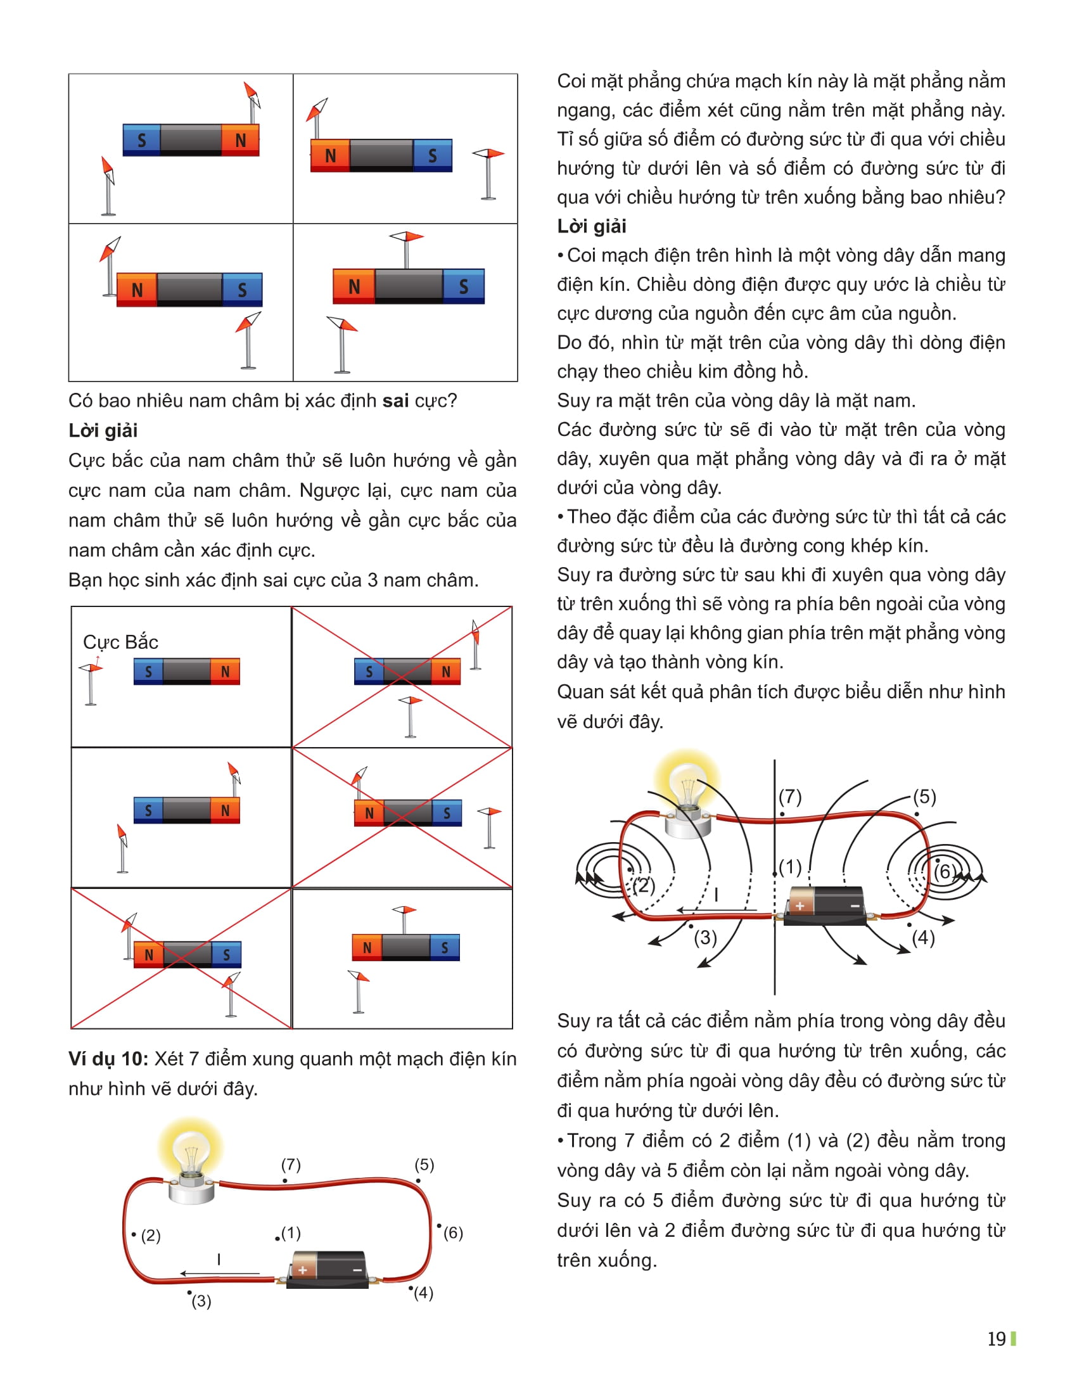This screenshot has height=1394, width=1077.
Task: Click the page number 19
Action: (996, 1338)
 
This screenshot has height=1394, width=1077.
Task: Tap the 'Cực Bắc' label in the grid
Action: (120, 641)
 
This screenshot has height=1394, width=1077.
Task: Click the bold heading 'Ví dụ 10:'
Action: (108, 1059)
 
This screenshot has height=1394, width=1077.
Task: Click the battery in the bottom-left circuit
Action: (328, 1270)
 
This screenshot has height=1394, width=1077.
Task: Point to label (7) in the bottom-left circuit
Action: (291, 1164)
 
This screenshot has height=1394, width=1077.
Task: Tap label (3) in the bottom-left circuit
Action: (201, 1301)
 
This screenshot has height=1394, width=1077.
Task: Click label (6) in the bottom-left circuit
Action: (453, 1232)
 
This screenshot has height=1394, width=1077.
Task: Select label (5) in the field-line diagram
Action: (924, 796)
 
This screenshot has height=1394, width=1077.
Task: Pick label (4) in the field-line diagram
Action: (923, 938)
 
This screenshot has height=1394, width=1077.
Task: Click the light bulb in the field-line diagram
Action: (687, 795)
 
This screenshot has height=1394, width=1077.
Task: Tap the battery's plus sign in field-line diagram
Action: (800, 905)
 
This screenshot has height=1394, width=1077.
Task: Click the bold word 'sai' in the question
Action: (395, 401)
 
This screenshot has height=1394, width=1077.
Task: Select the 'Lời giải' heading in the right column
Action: (592, 226)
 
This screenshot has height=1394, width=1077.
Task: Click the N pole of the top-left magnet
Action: (241, 140)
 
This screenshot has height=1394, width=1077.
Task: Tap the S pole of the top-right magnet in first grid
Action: (433, 155)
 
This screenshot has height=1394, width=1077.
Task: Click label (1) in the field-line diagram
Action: (790, 867)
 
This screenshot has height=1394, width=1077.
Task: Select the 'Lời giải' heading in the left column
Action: (103, 431)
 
